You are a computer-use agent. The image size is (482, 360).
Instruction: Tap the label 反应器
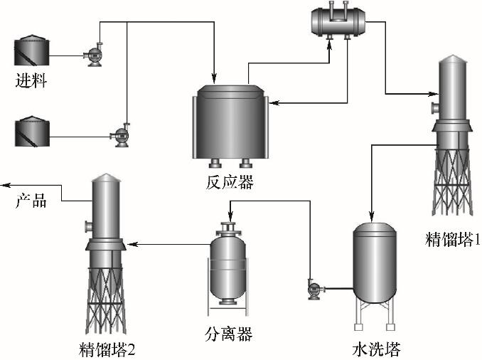click(x=229, y=182)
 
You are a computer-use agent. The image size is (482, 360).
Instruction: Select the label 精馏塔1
click(x=452, y=238)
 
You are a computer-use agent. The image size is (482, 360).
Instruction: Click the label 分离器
click(x=228, y=332)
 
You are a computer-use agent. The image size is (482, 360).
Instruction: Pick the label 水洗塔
click(x=376, y=349)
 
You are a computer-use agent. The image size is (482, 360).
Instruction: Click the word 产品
click(x=31, y=201)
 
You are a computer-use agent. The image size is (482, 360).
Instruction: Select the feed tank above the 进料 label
click(x=31, y=52)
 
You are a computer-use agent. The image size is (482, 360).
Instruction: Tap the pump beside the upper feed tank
click(x=92, y=55)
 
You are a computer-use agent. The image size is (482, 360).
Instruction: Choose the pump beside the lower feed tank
click(x=119, y=134)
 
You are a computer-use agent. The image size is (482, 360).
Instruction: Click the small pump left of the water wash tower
click(x=313, y=288)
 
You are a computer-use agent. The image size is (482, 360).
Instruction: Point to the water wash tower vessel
click(x=377, y=260)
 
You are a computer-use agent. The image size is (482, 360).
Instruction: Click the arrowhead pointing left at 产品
click(x=5, y=185)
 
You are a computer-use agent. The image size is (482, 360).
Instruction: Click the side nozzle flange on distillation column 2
click(x=87, y=227)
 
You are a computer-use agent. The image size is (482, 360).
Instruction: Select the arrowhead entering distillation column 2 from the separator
click(x=132, y=245)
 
